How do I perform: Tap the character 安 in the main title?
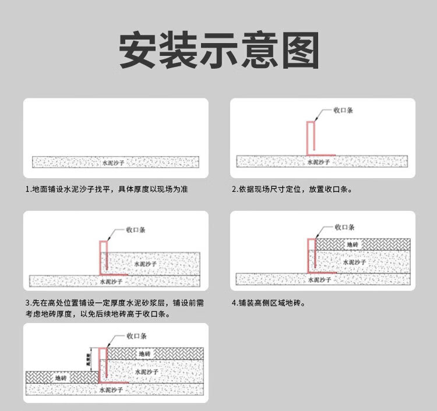138,50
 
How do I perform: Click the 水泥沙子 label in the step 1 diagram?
114,162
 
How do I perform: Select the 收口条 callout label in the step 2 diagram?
343,110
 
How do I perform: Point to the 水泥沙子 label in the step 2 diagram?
319,162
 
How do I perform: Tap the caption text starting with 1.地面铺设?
107,189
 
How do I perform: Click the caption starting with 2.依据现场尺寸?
292,189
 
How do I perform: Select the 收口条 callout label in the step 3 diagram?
136,230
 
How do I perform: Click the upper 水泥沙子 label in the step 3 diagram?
146,263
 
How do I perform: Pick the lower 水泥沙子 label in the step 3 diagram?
111,282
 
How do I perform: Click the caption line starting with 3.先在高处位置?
115,303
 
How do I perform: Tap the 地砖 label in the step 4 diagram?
353,245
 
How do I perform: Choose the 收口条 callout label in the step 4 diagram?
345,227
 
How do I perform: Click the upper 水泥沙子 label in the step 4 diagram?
354,262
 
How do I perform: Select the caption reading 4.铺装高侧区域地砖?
269,303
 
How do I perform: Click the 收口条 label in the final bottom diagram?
136,336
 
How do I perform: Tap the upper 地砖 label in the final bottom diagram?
145,353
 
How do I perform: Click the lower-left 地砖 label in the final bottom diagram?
61,378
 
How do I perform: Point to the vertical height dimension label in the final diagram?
88,360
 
